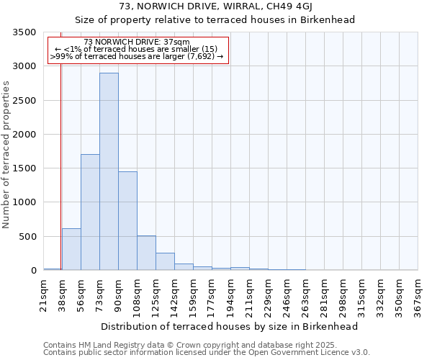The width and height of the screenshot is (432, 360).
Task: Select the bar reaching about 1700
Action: click(x=90, y=212)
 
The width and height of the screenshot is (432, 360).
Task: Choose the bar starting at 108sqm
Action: click(x=146, y=253)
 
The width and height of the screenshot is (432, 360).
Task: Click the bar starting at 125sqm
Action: click(x=165, y=261)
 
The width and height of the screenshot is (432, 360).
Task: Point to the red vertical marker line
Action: click(x=61, y=166)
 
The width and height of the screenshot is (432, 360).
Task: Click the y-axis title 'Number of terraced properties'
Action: click(x=7, y=154)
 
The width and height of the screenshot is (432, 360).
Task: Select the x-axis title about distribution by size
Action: click(x=230, y=326)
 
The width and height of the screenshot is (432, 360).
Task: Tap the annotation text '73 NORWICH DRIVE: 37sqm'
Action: click(x=137, y=42)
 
